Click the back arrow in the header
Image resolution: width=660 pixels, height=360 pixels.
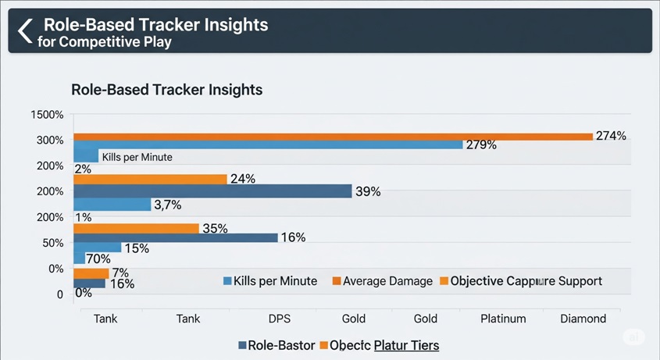coord(25,31)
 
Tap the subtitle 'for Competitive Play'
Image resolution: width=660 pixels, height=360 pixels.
coord(104,41)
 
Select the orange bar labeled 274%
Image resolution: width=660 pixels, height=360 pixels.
coord(333,137)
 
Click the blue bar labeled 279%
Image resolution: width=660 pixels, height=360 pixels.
coord(267,144)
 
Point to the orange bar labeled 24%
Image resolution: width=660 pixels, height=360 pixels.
coord(150,179)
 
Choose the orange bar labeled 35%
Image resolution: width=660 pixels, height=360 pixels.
coord(136,228)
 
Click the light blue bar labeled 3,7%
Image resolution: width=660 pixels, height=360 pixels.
coord(112,205)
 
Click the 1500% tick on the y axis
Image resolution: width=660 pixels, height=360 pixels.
coord(48,115)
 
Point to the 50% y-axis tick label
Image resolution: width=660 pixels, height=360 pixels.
coord(52,243)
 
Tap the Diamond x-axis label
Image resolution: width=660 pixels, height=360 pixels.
coord(583,319)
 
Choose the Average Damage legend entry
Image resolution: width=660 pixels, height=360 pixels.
coord(382,281)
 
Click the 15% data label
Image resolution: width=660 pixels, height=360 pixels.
coord(136,248)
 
